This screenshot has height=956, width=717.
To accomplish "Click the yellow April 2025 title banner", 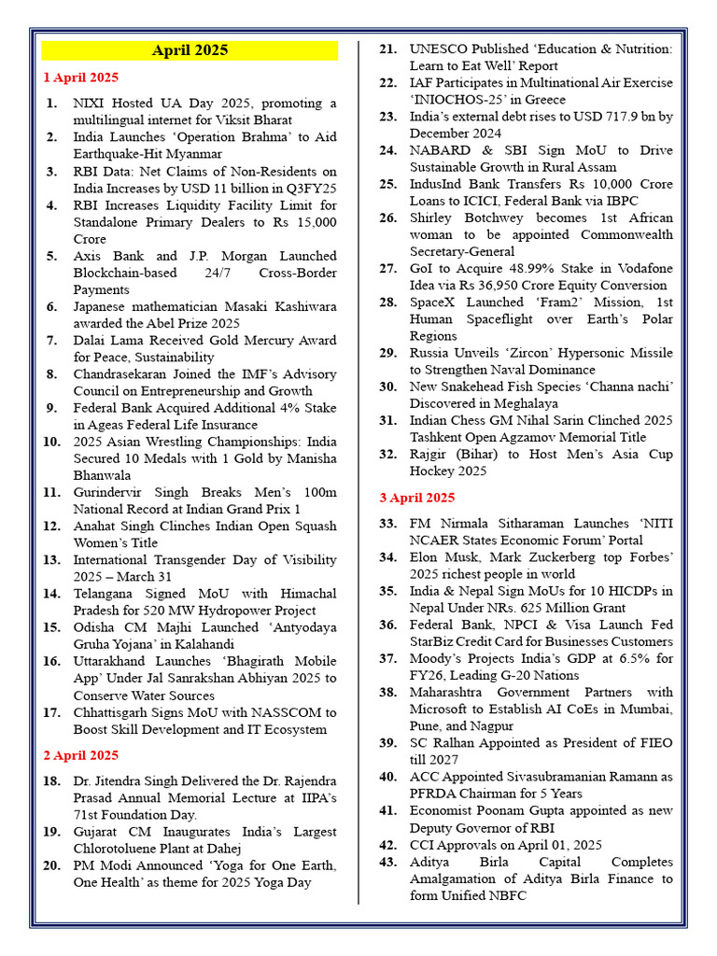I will pos(190,50).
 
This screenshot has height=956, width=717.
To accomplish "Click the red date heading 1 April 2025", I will pos(81,77).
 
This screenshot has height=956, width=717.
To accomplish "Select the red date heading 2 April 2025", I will pos(81,755).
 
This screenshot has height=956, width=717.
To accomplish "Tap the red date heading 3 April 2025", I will pos(417,498).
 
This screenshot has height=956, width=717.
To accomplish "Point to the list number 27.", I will pos(387,269).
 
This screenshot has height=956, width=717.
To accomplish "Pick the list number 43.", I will pos(387,862).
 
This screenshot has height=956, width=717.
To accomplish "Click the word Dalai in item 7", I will pos(91,340).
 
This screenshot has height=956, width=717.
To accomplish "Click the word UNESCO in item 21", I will pos(438,49).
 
